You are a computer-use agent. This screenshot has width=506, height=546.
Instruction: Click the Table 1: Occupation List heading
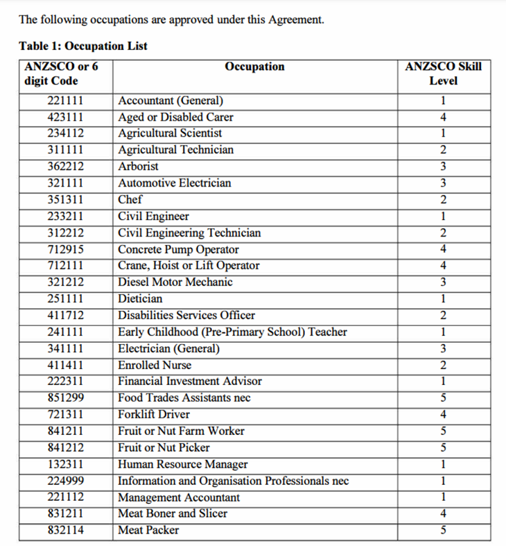pos(83,46)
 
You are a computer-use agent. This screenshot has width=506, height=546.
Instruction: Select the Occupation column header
pos(254,67)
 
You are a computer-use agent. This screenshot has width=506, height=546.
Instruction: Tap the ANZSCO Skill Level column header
pos(443,74)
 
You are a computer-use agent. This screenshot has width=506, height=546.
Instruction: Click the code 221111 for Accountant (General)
pos(66,101)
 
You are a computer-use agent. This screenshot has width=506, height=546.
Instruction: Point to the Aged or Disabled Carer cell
pos(175,117)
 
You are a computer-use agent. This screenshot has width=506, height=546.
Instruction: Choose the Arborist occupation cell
pos(139,167)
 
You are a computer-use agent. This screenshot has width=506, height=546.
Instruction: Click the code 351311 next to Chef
pos(66,200)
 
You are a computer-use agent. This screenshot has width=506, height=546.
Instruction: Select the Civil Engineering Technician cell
pos(189,233)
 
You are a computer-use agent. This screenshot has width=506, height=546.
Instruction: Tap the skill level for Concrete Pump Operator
pos(443,250)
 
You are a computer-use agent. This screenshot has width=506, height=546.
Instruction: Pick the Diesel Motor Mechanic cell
pos(175,282)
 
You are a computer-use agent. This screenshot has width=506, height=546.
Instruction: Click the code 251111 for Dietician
pos(66,299)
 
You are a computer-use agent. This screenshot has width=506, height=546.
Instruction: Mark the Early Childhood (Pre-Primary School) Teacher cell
pos(232,332)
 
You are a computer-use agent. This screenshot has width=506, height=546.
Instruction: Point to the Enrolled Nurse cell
pos(155,365)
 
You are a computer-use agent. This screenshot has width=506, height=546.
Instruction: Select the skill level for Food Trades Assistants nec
pos(443,398)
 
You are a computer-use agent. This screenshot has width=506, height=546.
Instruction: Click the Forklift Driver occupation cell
pos(154,415)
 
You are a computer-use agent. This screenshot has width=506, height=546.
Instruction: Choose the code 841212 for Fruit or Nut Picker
pos(66,447)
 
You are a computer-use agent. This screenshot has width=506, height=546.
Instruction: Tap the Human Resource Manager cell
pos(183,464)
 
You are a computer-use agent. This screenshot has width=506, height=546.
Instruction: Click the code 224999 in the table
pos(66,481)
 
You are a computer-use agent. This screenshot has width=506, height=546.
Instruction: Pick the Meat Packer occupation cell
pos(148,530)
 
